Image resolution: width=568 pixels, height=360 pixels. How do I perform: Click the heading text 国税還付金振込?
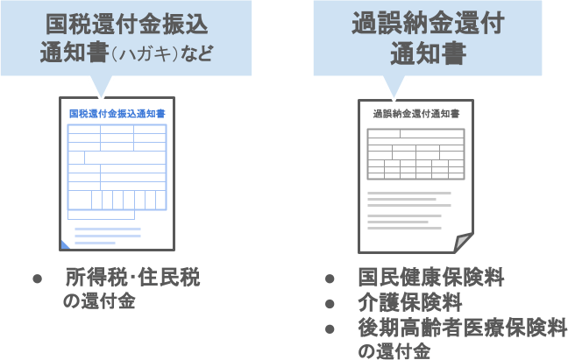(128, 21)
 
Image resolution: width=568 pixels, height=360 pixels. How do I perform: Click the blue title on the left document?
(117, 114)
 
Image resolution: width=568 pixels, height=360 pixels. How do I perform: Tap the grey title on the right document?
(415, 114)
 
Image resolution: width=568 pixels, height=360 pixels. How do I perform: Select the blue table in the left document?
(117, 167)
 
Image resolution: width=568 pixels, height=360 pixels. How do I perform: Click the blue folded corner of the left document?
(65, 244)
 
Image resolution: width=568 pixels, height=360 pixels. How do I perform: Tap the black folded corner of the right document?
(464, 242)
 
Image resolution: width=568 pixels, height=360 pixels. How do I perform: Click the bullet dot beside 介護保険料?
(330, 304)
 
